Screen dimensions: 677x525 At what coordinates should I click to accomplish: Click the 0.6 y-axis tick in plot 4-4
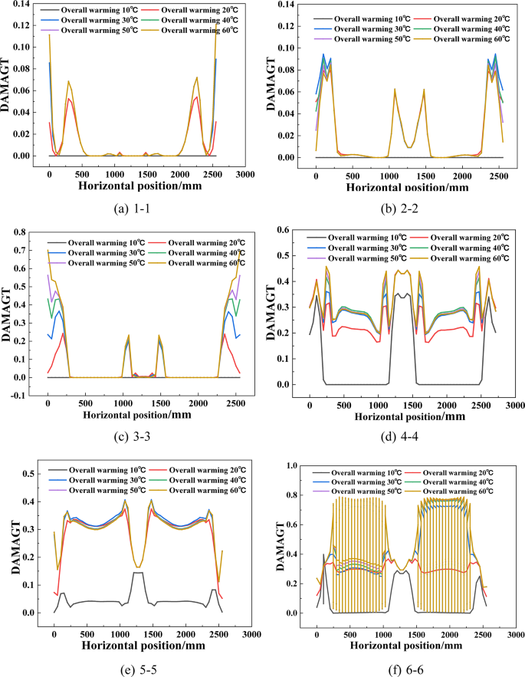[289, 230]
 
